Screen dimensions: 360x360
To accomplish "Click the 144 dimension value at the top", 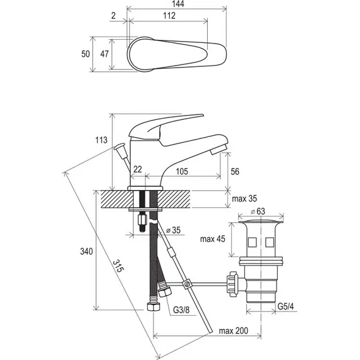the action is click(x=178, y=4).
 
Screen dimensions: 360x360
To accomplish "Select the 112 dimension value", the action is click(x=169, y=16).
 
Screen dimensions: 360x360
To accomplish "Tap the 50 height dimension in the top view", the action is click(x=86, y=54).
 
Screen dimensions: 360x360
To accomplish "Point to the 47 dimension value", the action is click(x=104, y=54).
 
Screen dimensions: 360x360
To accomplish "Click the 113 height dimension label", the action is click(x=101, y=140).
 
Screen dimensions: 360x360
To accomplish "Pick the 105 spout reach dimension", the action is click(x=182, y=171).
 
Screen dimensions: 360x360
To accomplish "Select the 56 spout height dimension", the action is click(x=235, y=172).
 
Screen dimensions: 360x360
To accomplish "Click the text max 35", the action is click(x=244, y=198).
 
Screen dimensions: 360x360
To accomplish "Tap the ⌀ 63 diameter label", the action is click(x=258, y=211).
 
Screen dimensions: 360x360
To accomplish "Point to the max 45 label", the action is click(x=213, y=239).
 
